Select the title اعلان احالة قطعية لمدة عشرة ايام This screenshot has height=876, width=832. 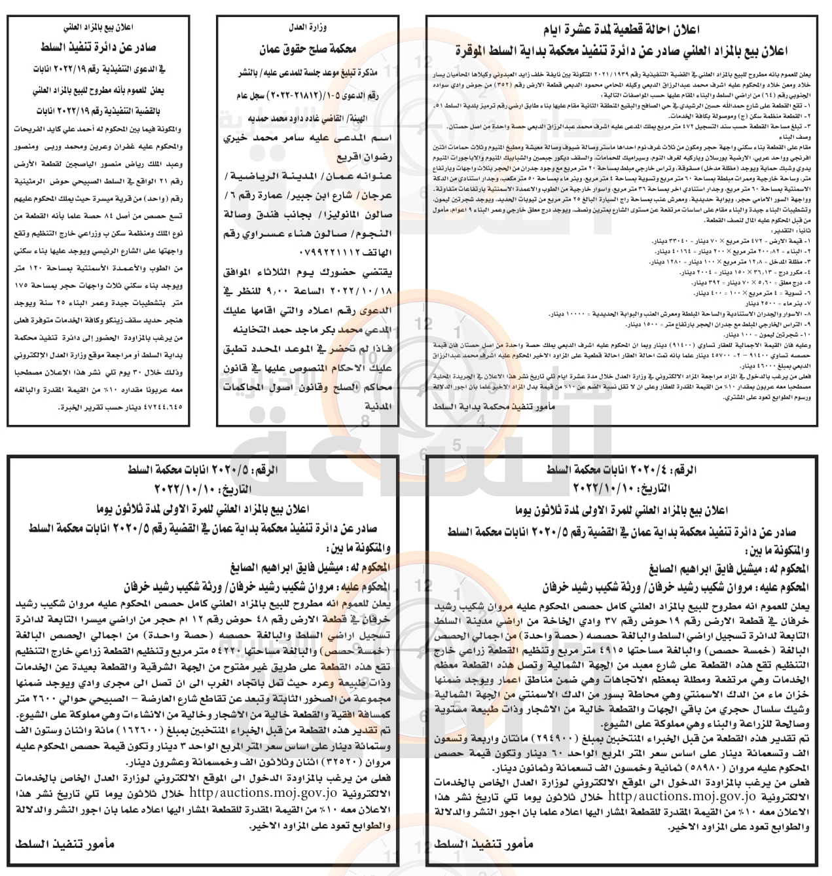click(628, 30)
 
